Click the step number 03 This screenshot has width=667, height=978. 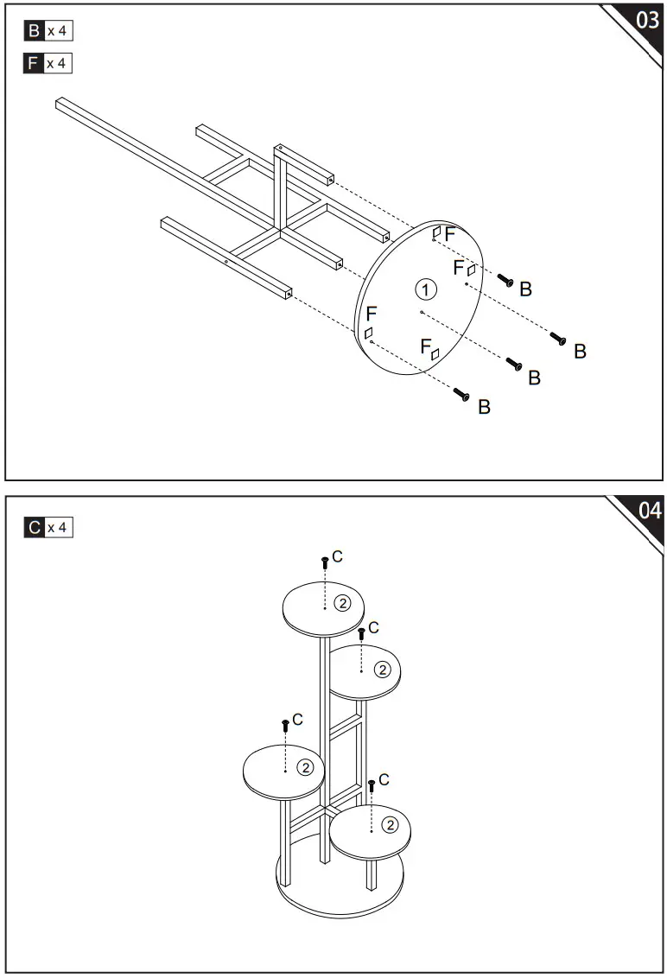coord(647,22)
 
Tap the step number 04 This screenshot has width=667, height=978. coord(650,511)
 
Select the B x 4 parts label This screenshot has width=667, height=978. coord(48,32)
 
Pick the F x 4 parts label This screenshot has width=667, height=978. coord(48,63)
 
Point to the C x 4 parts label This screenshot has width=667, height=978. coord(48,527)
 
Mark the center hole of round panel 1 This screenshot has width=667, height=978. coord(421,311)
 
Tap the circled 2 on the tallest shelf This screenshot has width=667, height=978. coord(343,602)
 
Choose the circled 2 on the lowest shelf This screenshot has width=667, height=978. coord(390,825)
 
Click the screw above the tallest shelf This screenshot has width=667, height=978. coord(325,562)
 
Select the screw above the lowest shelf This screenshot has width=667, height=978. coord(372,785)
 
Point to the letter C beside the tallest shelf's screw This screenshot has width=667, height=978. coord(337,556)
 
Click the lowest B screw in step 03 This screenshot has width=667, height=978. coord(461,395)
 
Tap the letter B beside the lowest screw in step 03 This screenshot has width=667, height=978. coord(484,407)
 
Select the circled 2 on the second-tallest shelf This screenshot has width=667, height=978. coord(380,669)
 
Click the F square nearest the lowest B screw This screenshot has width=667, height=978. coord(368,333)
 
